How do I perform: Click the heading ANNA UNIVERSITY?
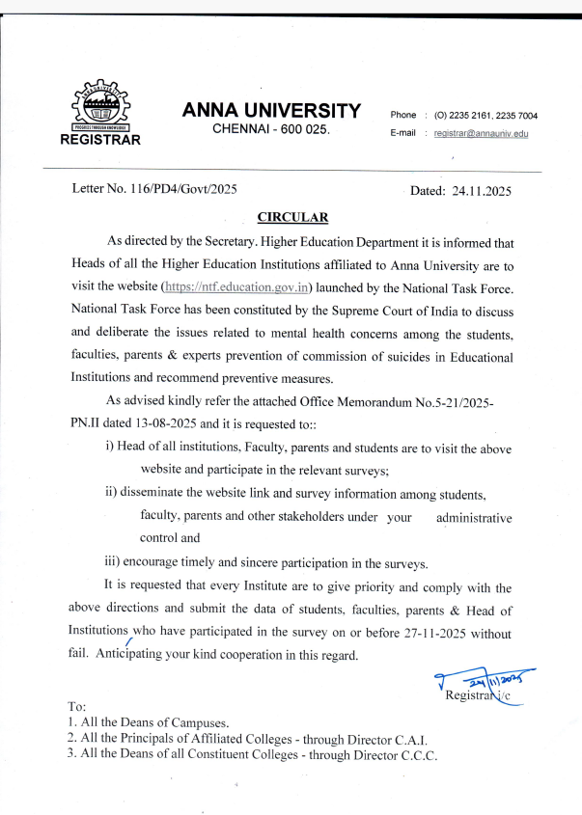point(271,111)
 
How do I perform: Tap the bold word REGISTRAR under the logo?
point(100,139)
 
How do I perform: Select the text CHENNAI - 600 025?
point(271,130)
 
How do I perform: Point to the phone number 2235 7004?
point(516,116)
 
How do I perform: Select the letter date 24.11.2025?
point(481,191)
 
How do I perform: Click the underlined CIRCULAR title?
point(292,218)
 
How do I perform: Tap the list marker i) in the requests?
point(109,449)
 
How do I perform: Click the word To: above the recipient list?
point(77,706)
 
